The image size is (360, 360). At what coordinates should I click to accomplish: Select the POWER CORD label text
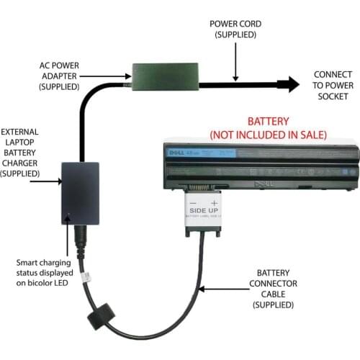(x=234, y=28)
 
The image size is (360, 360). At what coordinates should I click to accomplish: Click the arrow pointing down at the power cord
(x=235, y=61)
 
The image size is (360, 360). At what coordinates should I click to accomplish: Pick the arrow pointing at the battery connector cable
(x=220, y=289)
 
